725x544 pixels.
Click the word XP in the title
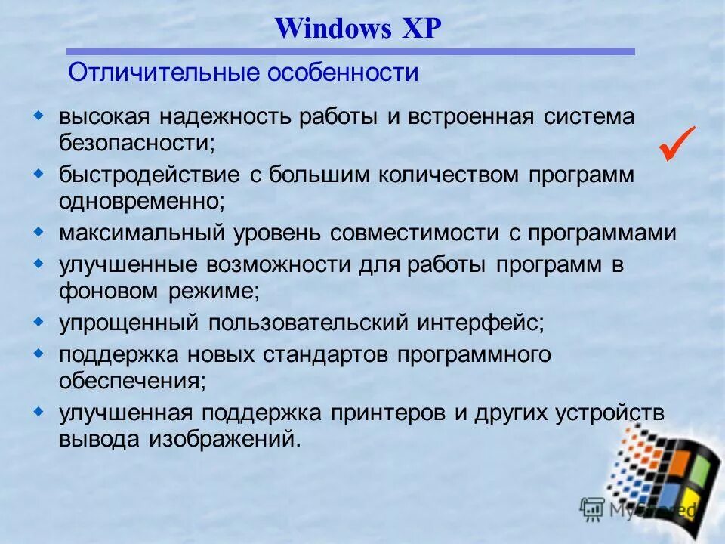pyautogui.click(x=416, y=29)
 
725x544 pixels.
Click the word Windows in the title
pyautogui.click(x=333, y=29)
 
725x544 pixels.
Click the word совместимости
pyautogui.click(x=415, y=233)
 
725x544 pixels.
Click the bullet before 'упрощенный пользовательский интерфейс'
pyautogui.click(x=39, y=321)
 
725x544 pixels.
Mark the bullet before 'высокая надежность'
pyautogui.click(x=39, y=116)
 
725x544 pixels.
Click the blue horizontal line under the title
pyautogui.click(x=350, y=52)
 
